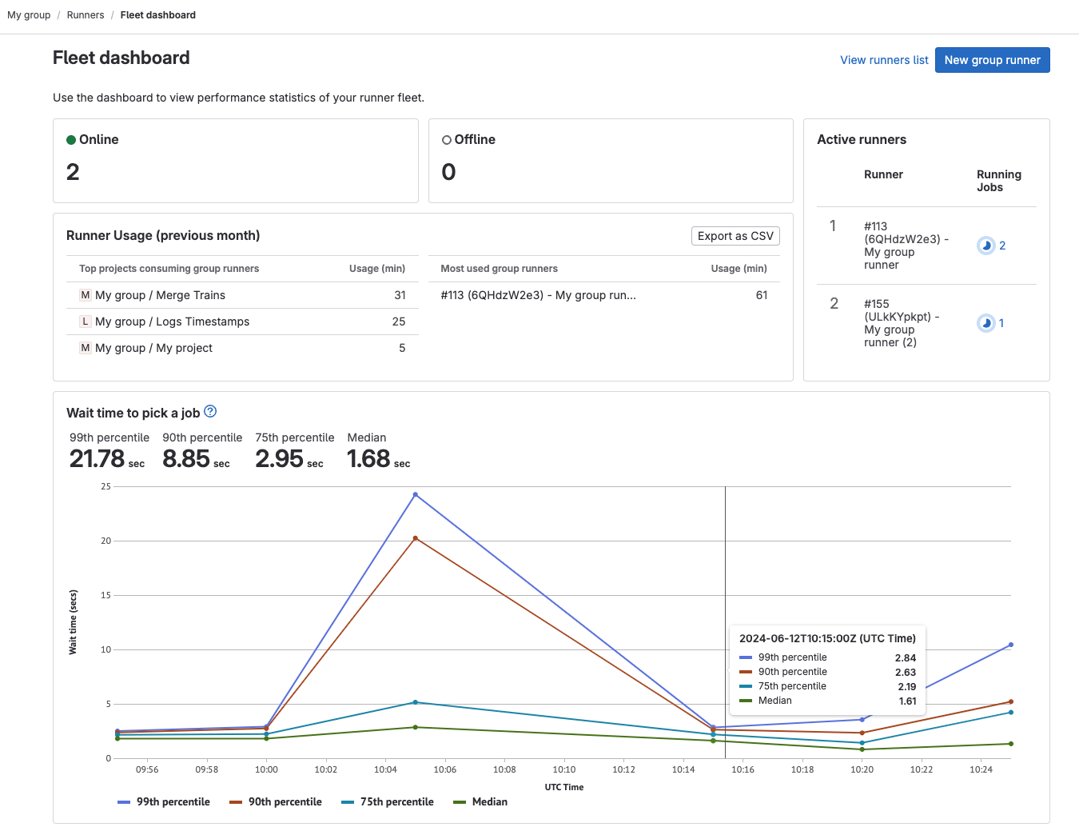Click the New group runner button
(x=992, y=60)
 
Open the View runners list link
(x=884, y=60)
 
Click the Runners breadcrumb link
(x=86, y=15)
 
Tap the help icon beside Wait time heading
(x=210, y=412)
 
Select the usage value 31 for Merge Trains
(x=400, y=295)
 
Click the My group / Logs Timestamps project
(x=172, y=322)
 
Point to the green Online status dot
(x=71, y=140)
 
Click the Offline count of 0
(x=449, y=172)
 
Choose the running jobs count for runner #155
(x=1001, y=323)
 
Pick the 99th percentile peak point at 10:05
(x=415, y=495)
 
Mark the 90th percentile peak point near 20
(x=415, y=538)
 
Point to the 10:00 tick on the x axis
(x=266, y=769)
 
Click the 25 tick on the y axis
(x=106, y=486)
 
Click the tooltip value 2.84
(x=905, y=658)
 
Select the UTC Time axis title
(x=564, y=787)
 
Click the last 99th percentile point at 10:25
(x=1010, y=645)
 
